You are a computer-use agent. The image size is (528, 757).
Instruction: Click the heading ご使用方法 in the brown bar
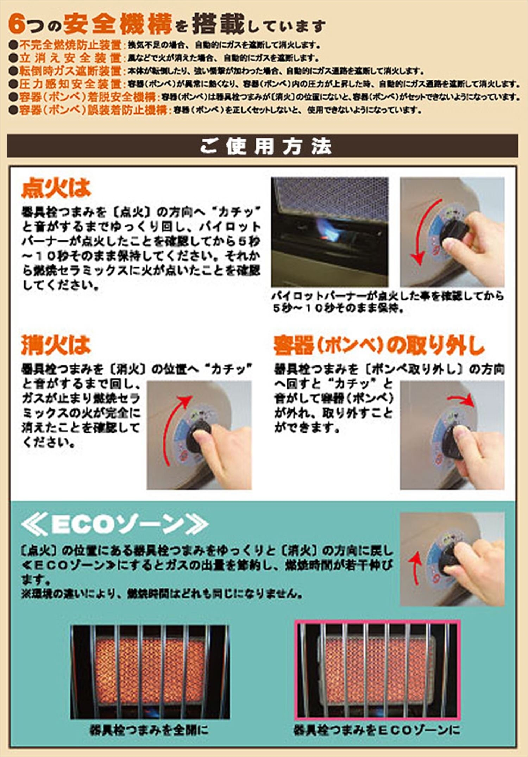266,146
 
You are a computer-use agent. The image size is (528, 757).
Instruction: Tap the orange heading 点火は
56,188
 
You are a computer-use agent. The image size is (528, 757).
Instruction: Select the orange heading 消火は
56,345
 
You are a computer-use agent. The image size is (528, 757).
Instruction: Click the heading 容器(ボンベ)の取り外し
379,345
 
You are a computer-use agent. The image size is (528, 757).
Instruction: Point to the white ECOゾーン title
115,525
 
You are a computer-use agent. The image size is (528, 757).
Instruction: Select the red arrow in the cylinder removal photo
461,400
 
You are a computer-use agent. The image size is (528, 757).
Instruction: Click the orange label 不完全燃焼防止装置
70,45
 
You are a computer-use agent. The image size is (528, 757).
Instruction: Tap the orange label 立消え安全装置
70,58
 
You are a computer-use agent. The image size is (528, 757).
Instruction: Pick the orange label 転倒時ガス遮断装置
70,71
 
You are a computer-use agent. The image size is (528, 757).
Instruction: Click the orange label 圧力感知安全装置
70,84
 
